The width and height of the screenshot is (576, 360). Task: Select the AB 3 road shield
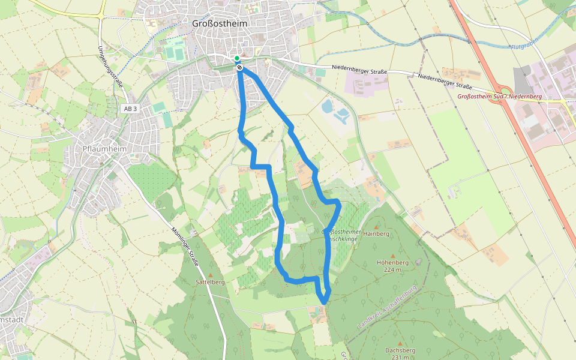pos(130,109)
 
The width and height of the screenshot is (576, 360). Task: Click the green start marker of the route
pos(237,58)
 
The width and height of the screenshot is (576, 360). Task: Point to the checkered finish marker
pos(239,67)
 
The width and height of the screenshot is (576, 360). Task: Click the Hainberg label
pos(377,233)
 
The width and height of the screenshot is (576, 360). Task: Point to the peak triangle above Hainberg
pos(377,226)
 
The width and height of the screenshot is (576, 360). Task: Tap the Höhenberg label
pos(392,262)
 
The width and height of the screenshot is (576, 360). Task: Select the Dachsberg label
pos(400,350)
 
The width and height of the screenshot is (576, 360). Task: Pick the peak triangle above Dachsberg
pos(400,343)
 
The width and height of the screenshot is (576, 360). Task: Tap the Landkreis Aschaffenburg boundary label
pos(387,307)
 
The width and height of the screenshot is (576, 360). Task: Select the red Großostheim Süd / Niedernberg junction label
pos(499,97)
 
